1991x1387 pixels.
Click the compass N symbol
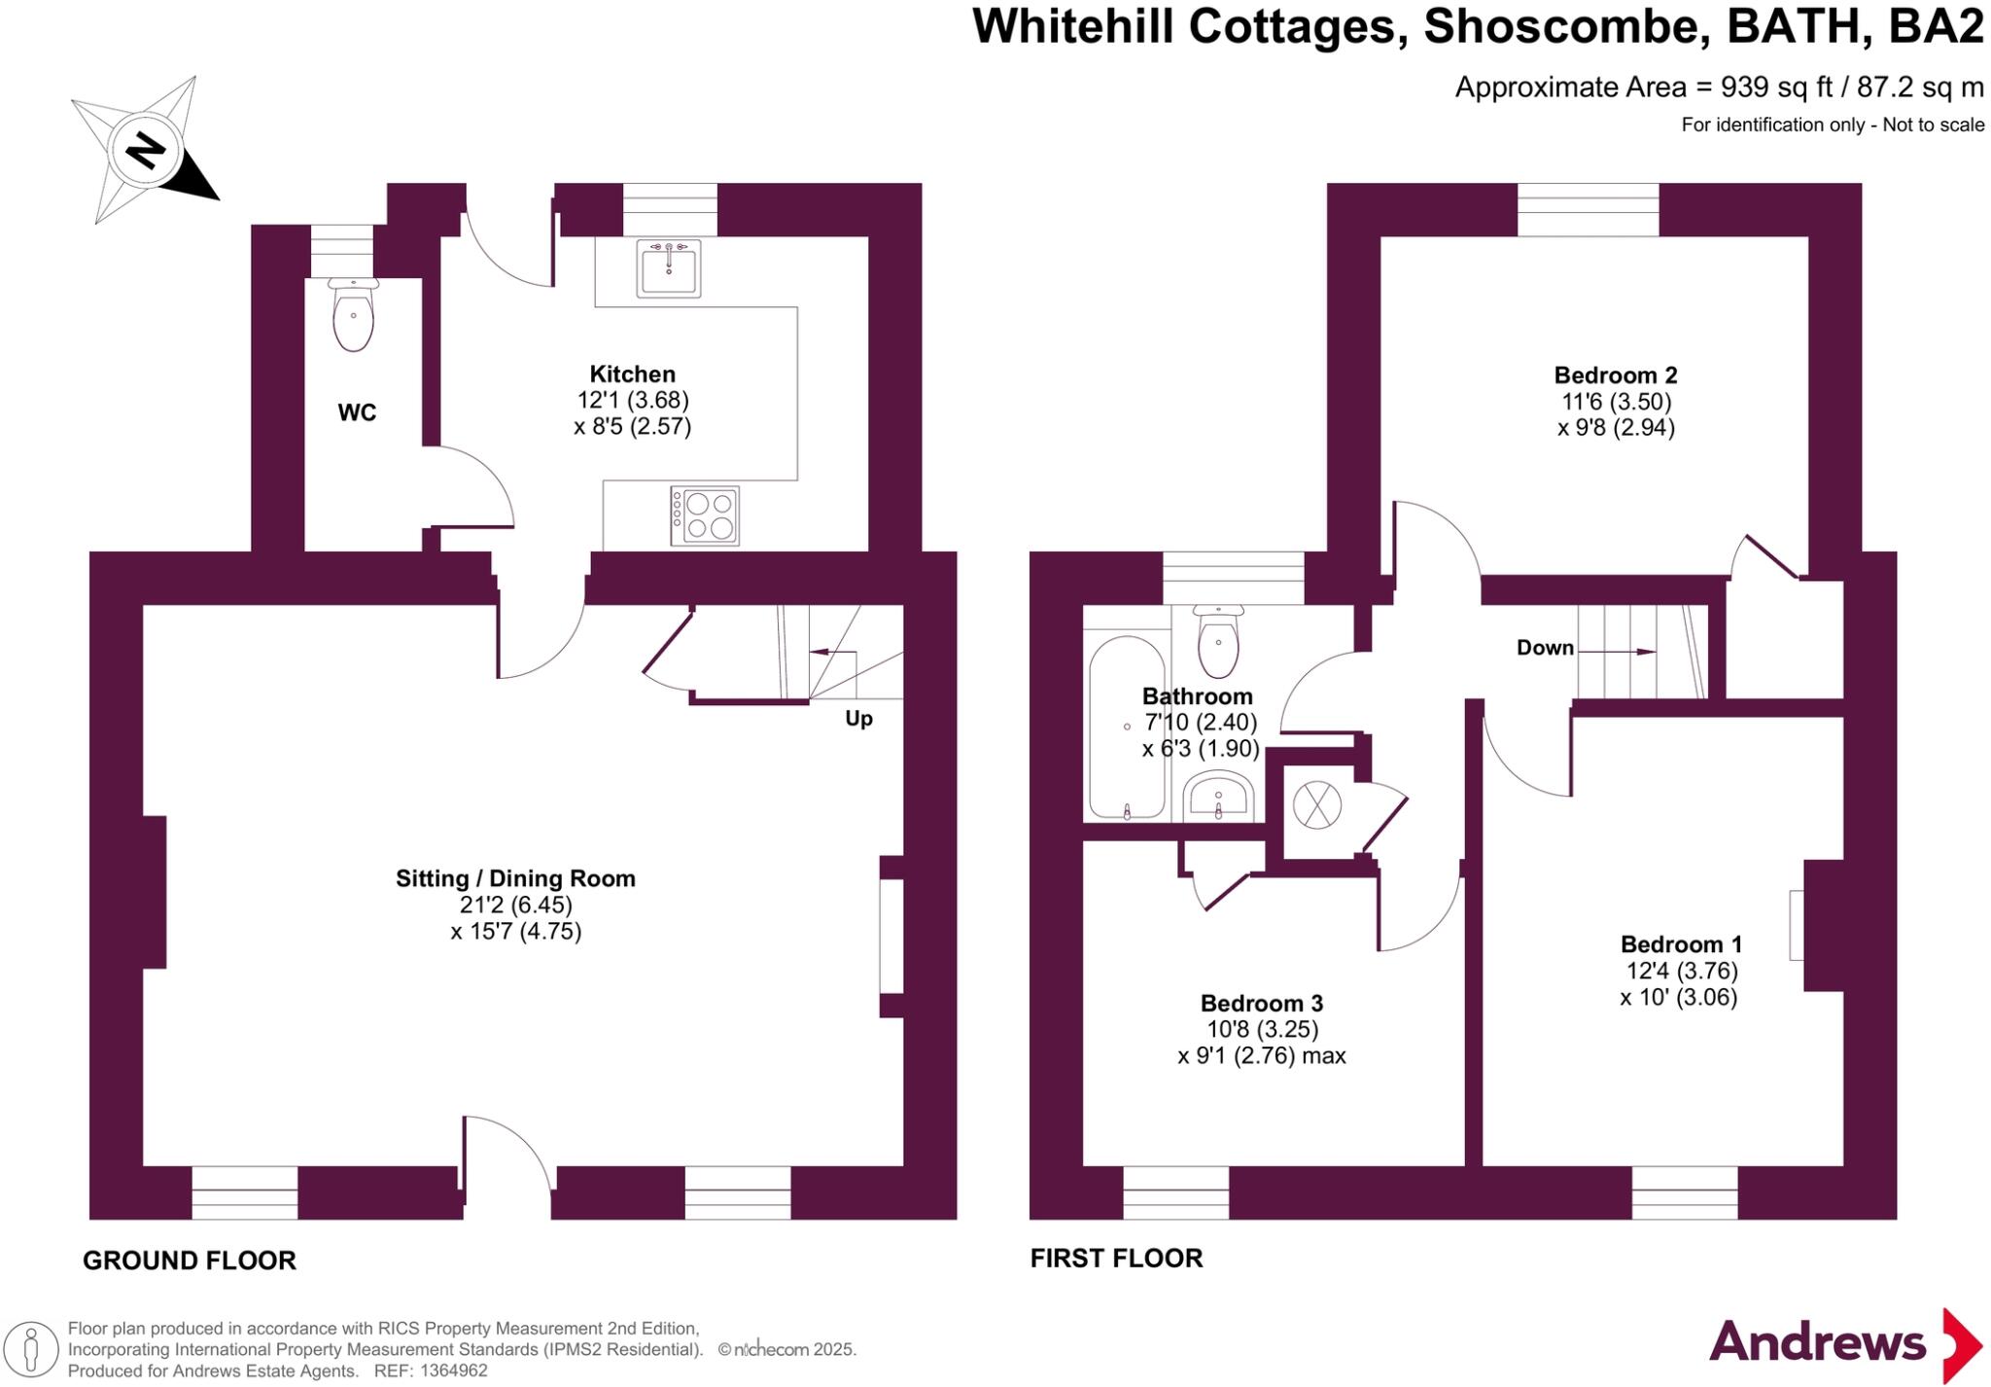click(x=146, y=151)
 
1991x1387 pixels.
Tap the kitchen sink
click(x=669, y=267)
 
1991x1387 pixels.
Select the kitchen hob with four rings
click(x=705, y=516)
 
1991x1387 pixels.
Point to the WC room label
click(x=357, y=413)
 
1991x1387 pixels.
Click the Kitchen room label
click(x=633, y=374)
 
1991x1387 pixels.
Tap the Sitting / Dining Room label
click(x=515, y=878)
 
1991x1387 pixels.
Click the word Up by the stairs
click(x=858, y=719)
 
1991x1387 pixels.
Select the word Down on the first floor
click(x=1545, y=648)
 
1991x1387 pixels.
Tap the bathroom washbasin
click(x=1218, y=797)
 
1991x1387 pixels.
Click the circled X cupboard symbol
click(x=1316, y=805)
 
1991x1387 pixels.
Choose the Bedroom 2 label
click(x=1616, y=375)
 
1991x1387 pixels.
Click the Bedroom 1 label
click(x=1681, y=944)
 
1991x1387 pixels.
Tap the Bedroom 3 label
click(x=1262, y=1003)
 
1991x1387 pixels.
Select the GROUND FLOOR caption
click(x=190, y=1261)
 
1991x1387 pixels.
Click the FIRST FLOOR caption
click(x=1116, y=1259)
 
